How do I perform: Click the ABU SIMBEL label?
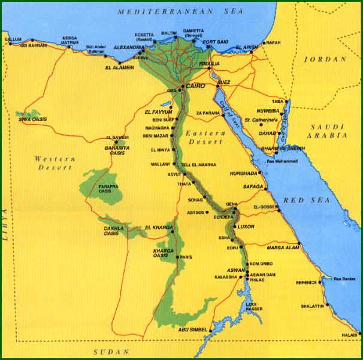[x=192, y=329]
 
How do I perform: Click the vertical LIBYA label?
[x=8, y=228]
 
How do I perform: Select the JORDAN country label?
[x=325, y=59]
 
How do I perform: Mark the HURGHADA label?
[x=243, y=173]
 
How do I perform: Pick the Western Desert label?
[x=53, y=163]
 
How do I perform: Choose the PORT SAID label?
[x=216, y=42]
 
